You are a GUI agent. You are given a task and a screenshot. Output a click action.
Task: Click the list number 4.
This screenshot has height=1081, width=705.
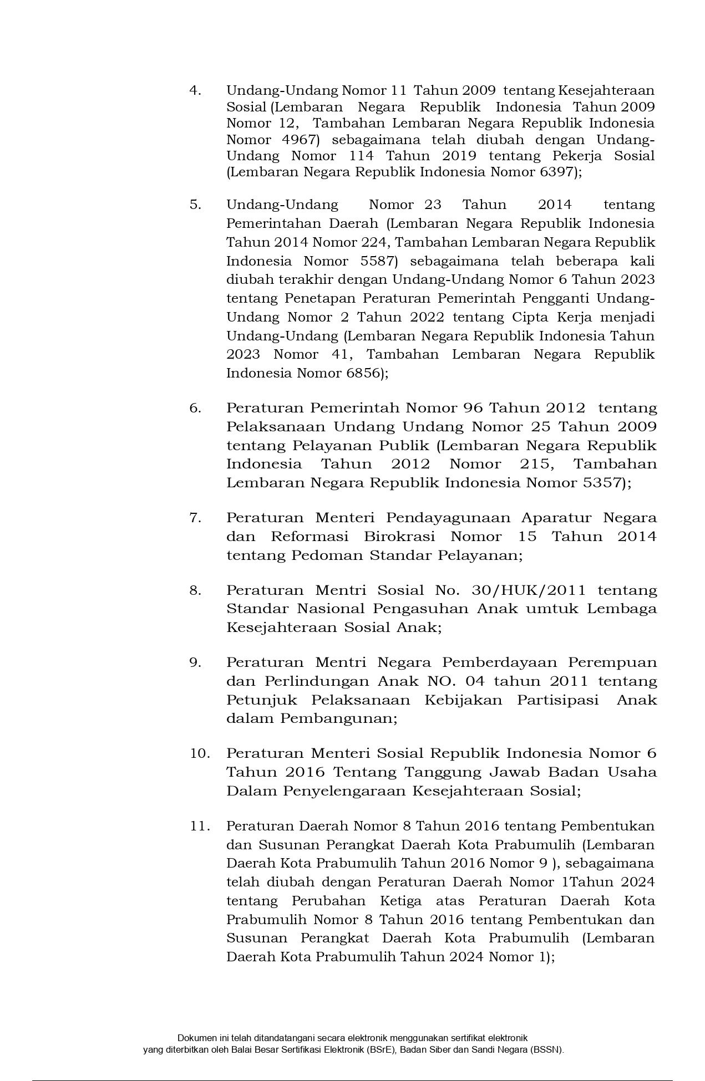195,90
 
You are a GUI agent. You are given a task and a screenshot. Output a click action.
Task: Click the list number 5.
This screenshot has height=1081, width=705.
195,205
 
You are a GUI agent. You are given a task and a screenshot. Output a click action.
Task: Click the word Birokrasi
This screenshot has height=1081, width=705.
399,537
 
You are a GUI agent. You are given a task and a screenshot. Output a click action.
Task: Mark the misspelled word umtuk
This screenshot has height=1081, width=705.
552,609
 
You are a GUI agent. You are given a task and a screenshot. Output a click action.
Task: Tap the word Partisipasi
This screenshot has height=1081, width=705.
558,700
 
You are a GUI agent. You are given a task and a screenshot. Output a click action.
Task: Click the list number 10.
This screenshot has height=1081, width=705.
200,753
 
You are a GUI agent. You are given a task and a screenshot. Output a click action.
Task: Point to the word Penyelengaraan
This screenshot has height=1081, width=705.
344,791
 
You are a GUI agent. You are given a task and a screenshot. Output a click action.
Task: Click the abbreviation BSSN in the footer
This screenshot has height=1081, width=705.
546,1050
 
